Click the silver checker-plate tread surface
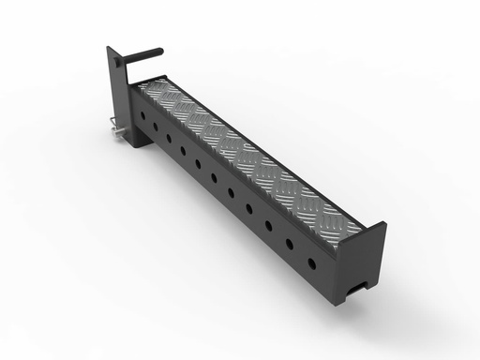[x=244, y=150]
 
